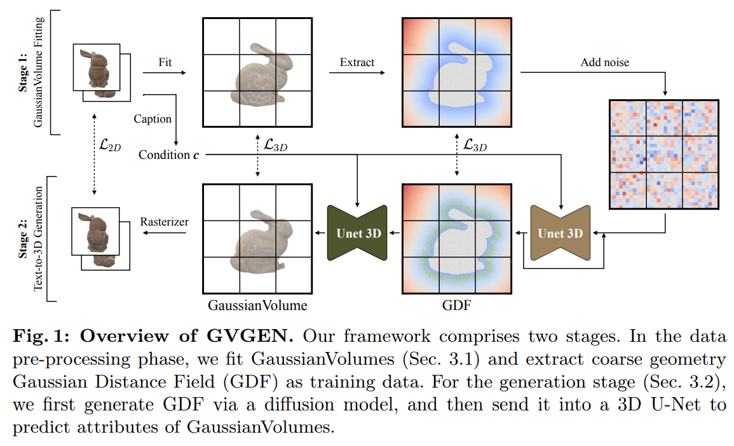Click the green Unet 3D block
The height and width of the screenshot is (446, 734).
click(x=358, y=233)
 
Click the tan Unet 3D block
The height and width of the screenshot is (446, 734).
click(x=560, y=233)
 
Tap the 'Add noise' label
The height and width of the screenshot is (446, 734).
click(x=604, y=62)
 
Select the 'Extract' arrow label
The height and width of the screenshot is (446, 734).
click(x=357, y=62)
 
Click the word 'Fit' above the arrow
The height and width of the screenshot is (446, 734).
click(x=165, y=62)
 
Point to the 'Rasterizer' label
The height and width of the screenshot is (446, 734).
click(x=164, y=222)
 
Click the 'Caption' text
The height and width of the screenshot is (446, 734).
click(x=153, y=119)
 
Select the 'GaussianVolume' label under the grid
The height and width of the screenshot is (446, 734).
click(x=257, y=306)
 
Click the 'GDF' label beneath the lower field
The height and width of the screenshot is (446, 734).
click(x=456, y=306)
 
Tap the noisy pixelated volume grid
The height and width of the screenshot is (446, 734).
click(x=663, y=154)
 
